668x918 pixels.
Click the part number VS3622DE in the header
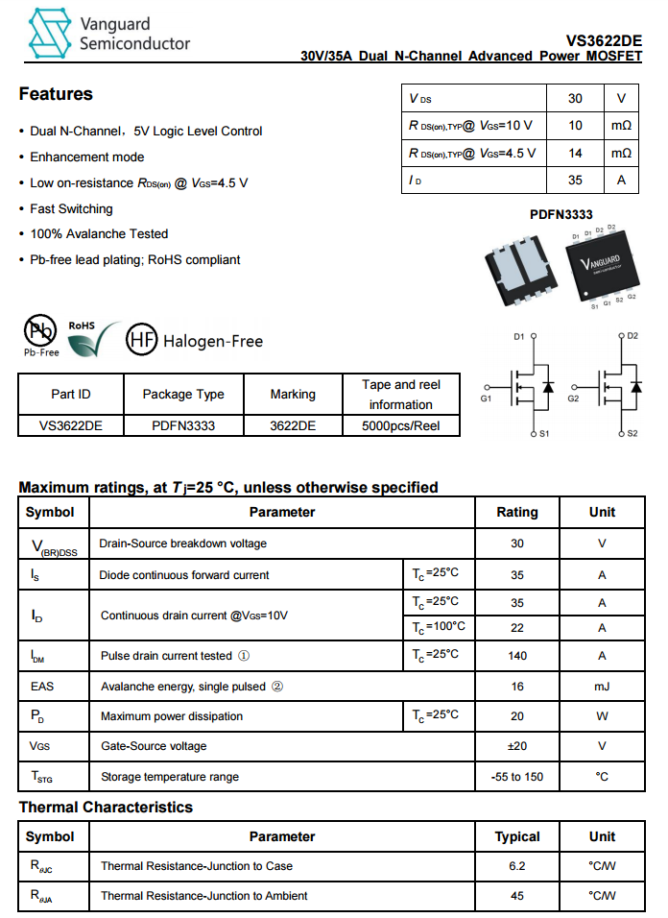click(604, 40)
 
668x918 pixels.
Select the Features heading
click(56, 94)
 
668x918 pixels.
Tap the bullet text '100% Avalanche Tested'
click(99, 234)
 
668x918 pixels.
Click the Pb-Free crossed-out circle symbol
click(40, 331)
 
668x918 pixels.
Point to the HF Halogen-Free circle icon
click(142, 339)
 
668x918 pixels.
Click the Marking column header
click(293, 395)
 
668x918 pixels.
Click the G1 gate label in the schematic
click(486, 398)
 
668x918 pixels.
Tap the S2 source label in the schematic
click(632, 434)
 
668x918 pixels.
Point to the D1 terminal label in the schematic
click(519, 337)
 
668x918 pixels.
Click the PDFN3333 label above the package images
click(561, 215)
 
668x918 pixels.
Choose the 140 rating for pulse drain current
click(516, 656)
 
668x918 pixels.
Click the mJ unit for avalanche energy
click(602, 687)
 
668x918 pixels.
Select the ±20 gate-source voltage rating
click(516, 746)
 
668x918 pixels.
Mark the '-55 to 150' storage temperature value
click(516, 777)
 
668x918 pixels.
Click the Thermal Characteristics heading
click(106, 808)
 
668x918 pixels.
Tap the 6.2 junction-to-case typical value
click(516, 867)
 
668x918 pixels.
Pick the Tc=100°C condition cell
click(438, 627)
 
